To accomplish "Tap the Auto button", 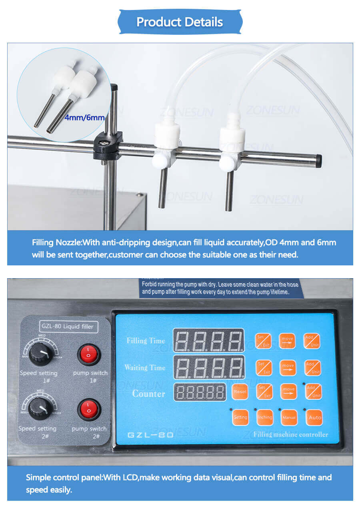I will [315, 417].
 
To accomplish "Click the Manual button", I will [289, 417].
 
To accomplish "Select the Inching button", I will [264, 417].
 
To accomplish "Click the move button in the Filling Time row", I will [287, 341].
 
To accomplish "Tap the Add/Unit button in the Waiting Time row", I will [312, 368].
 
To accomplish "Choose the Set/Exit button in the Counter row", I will [264, 391].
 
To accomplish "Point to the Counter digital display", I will [200, 392].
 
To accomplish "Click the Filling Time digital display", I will [208, 341].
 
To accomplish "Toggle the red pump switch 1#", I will [88, 355].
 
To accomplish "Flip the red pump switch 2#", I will [88, 410].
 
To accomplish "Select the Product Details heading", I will [180, 22].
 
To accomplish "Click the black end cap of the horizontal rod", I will [318, 161].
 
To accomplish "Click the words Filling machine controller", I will [290, 434].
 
